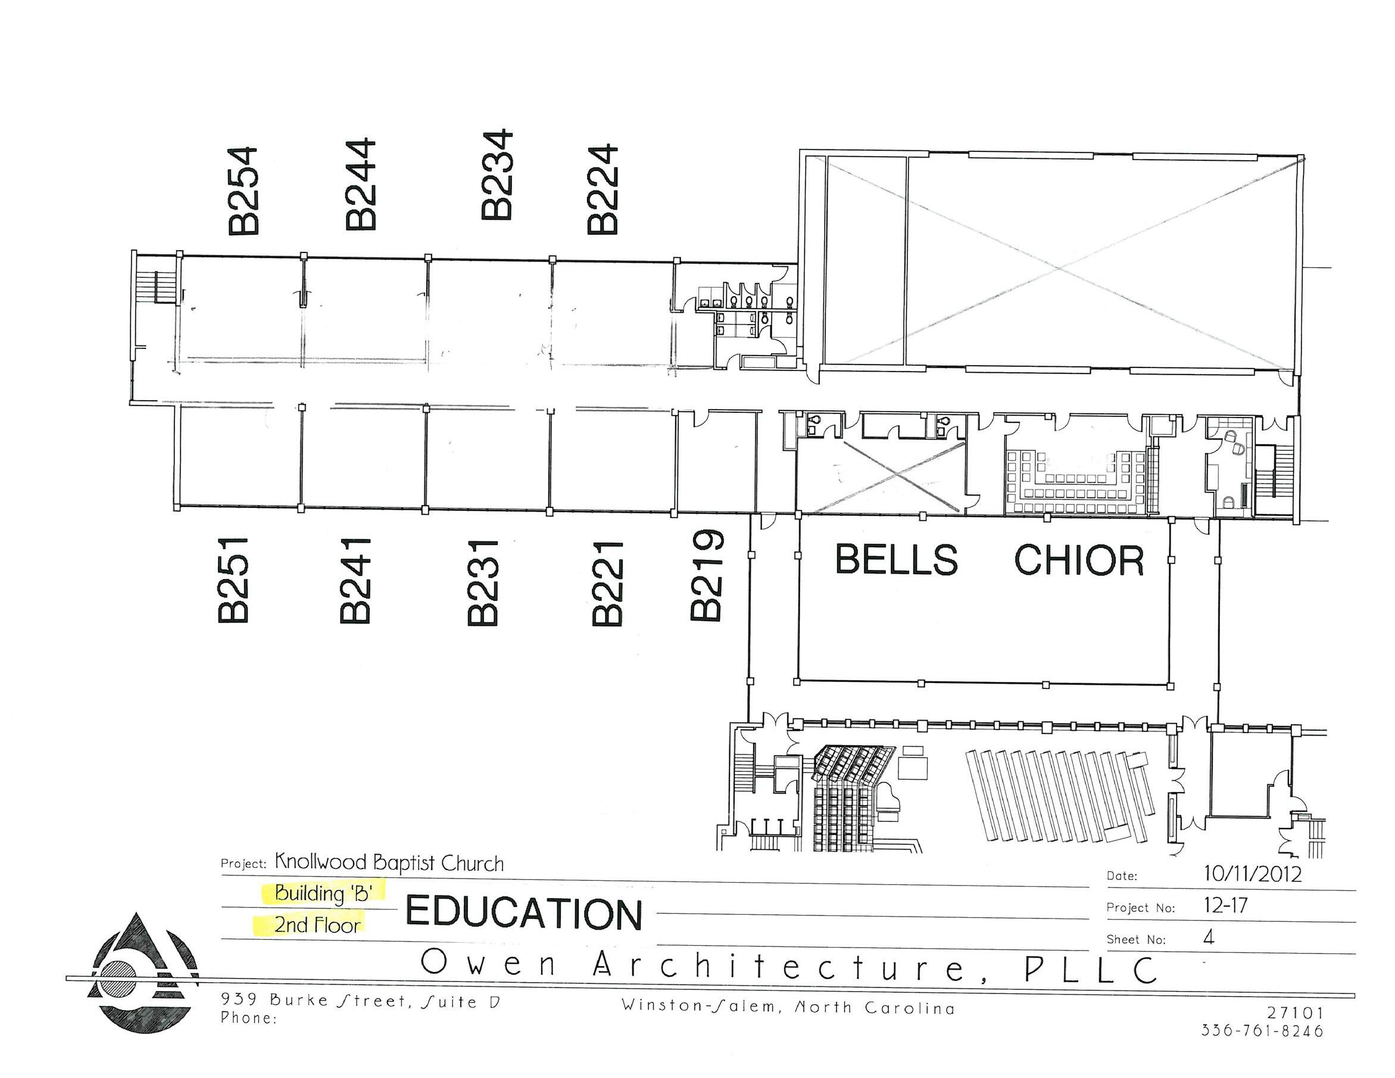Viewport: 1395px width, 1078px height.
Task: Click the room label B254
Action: pyautogui.click(x=244, y=191)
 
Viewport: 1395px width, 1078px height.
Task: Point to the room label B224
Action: pyautogui.click(x=603, y=189)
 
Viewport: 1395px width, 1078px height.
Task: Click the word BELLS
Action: pyautogui.click(x=896, y=559)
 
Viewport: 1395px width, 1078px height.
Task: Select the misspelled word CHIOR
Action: pyautogui.click(x=1079, y=560)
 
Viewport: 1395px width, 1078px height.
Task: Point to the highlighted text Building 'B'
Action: pyautogui.click(x=323, y=893)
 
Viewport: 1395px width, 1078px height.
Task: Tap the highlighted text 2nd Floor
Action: pyautogui.click(x=317, y=925)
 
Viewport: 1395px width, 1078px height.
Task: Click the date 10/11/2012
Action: pyautogui.click(x=1253, y=874)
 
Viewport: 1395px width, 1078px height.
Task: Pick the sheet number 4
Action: pyautogui.click(x=1208, y=937)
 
